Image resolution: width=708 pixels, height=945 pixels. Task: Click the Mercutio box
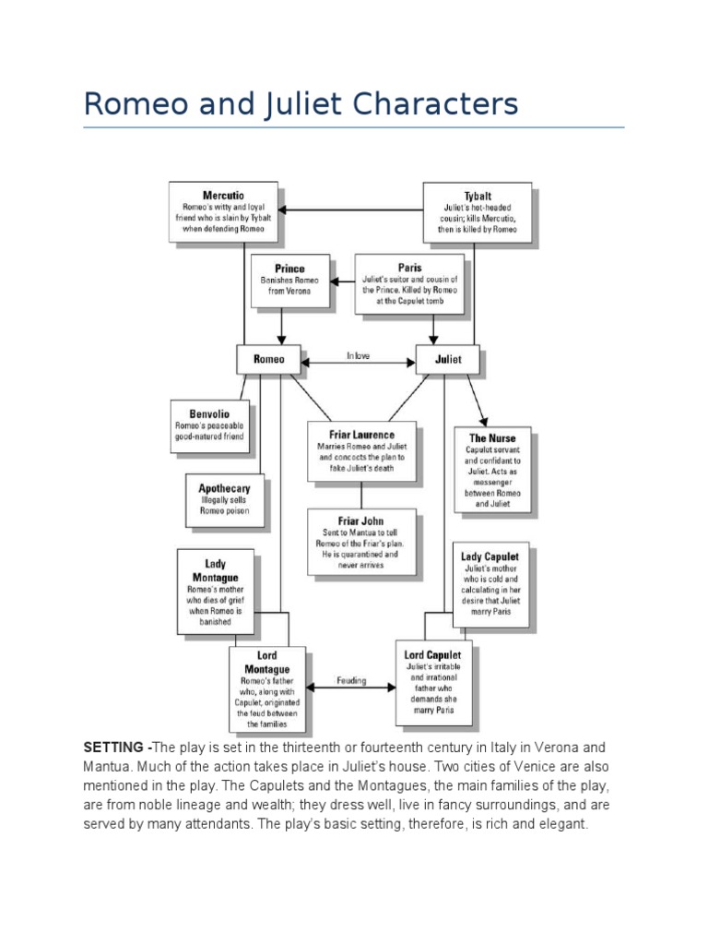(223, 210)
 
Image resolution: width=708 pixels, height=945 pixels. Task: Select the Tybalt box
(477, 211)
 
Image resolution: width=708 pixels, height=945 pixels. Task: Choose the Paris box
(410, 283)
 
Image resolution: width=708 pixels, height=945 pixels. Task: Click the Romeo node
(269, 359)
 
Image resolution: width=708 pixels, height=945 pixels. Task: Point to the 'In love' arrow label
(358, 355)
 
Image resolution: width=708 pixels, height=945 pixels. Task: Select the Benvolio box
(209, 425)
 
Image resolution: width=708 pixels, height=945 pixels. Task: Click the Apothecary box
(224, 499)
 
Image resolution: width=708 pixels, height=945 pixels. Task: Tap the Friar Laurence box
(362, 450)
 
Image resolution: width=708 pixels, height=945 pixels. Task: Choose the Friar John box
(362, 540)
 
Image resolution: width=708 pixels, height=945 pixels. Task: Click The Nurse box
(492, 469)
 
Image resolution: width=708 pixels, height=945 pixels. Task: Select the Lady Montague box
(215, 592)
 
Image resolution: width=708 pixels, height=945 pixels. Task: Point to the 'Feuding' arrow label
(352, 681)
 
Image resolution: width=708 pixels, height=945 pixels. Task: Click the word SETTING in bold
(114, 747)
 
